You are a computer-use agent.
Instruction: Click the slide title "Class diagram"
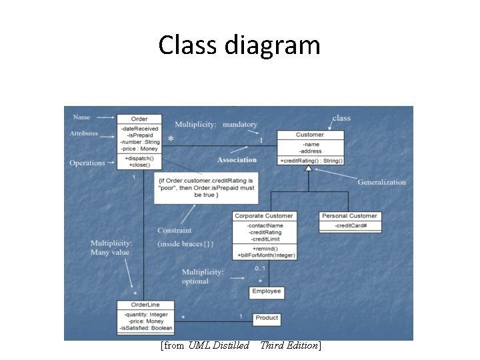point(239,45)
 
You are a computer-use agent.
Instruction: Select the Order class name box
point(139,119)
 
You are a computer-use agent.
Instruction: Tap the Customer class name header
point(310,135)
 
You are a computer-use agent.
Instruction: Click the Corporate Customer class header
point(264,215)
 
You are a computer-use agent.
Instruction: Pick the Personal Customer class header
point(349,215)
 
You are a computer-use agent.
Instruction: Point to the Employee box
point(267,291)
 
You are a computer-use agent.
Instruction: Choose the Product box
point(267,318)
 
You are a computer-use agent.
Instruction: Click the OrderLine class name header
point(145,305)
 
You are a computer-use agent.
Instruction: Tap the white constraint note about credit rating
point(206,188)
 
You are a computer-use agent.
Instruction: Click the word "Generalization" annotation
point(381,182)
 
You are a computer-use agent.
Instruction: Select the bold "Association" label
point(237,160)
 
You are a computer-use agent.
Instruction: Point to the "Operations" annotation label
point(87,163)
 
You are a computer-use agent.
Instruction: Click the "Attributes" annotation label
point(84,133)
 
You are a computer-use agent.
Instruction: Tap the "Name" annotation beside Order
point(81,117)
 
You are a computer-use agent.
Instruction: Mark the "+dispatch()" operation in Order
point(139,158)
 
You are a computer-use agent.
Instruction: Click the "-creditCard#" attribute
point(349,226)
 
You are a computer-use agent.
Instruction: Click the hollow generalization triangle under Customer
point(308,169)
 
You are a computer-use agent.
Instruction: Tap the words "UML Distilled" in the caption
point(219,345)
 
